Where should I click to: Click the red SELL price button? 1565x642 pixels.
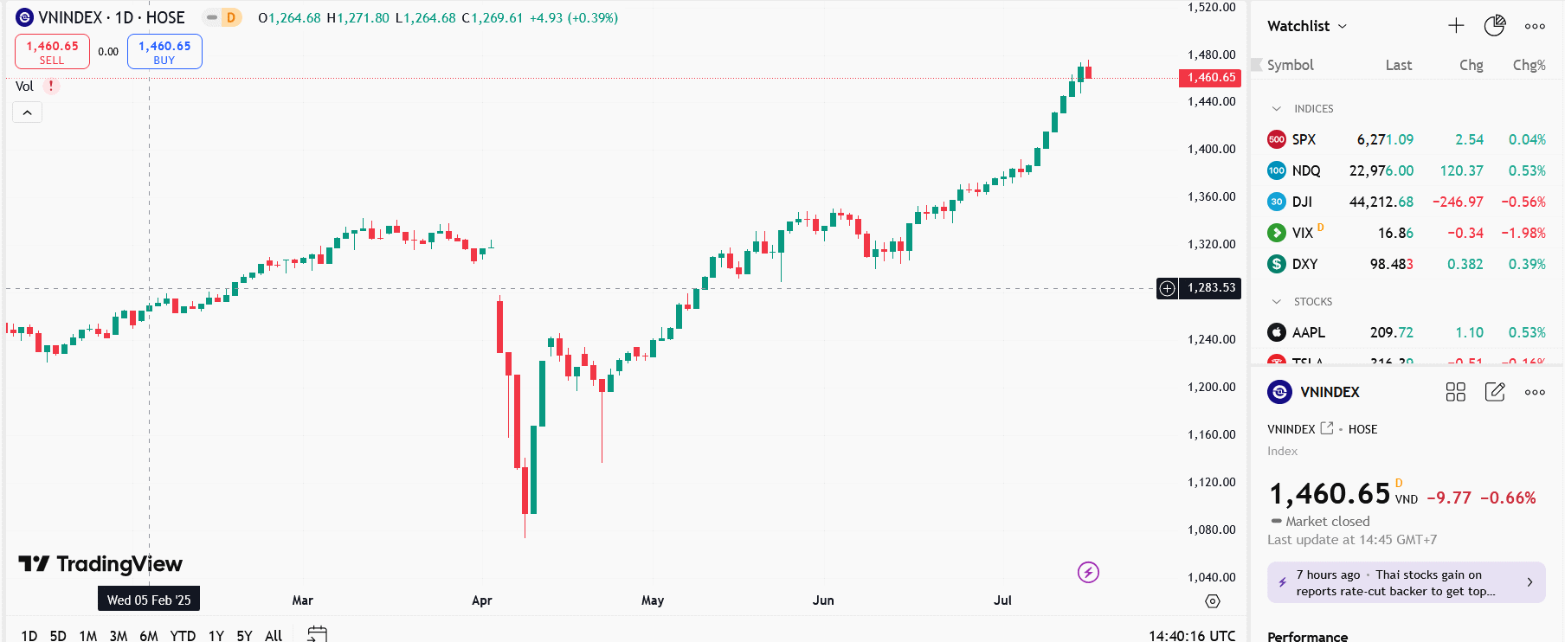52,52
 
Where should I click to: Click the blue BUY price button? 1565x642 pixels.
164,52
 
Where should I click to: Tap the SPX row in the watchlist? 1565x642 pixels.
1304,139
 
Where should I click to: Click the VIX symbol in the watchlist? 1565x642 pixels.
1302,233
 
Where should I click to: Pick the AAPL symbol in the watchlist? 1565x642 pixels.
1308,332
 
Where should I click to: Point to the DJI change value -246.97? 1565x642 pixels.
1458,202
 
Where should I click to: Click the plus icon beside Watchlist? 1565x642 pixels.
1456,26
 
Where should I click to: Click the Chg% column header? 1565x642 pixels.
1529,65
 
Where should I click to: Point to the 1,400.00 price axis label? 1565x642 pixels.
1211,149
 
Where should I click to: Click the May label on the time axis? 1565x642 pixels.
653,600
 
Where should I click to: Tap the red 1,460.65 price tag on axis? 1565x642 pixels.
1210,78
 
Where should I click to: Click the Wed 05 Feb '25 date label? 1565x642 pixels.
149,600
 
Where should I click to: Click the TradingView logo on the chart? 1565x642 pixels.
100,564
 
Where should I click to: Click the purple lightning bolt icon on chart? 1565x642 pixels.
1088,572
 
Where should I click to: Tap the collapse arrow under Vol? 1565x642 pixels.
27,112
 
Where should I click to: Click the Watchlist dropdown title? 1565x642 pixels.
1306,26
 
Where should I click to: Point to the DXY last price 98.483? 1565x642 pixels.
1391,264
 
